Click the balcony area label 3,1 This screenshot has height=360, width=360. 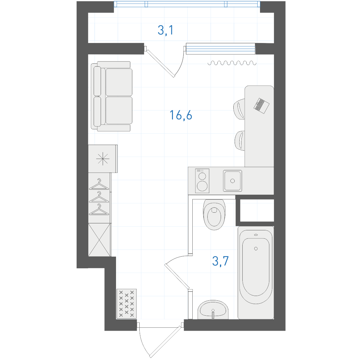166,30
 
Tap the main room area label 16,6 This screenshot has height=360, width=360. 181,115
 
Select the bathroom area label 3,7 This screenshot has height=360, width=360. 220,261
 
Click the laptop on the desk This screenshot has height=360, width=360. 262,106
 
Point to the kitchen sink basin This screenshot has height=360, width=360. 232,181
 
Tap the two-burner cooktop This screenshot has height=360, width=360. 202,181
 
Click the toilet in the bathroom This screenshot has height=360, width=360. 214,214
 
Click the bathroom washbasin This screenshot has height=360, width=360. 213,309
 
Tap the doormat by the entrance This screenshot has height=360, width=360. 127,304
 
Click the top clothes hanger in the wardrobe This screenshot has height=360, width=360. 99,184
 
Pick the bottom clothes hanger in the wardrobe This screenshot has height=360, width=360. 99,209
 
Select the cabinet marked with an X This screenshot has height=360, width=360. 99,240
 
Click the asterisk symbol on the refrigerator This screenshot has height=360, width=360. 103,159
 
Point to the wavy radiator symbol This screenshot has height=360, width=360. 232,63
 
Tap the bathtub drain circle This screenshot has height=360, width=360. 256,249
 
